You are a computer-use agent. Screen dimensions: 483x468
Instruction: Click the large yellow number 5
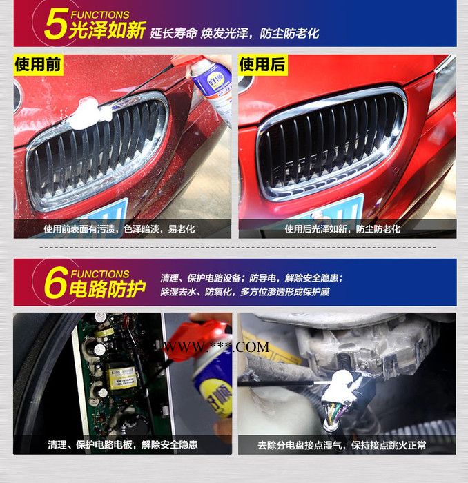pyautogui.click(x=56, y=26)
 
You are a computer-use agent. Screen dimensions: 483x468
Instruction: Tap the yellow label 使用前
pyautogui.click(x=39, y=66)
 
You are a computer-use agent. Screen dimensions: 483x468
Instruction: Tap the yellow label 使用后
pyautogui.click(x=262, y=66)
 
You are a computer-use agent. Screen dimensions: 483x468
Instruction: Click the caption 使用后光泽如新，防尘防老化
pyautogui.click(x=342, y=228)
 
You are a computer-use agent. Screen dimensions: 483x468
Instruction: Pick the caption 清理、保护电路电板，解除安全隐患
pyautogui.click(x=123, y=444)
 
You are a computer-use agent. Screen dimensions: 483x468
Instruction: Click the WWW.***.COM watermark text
pyautogui.click(x=215, y=347)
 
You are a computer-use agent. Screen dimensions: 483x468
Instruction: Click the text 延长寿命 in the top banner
pyautogui.click(x=174, y=33)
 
